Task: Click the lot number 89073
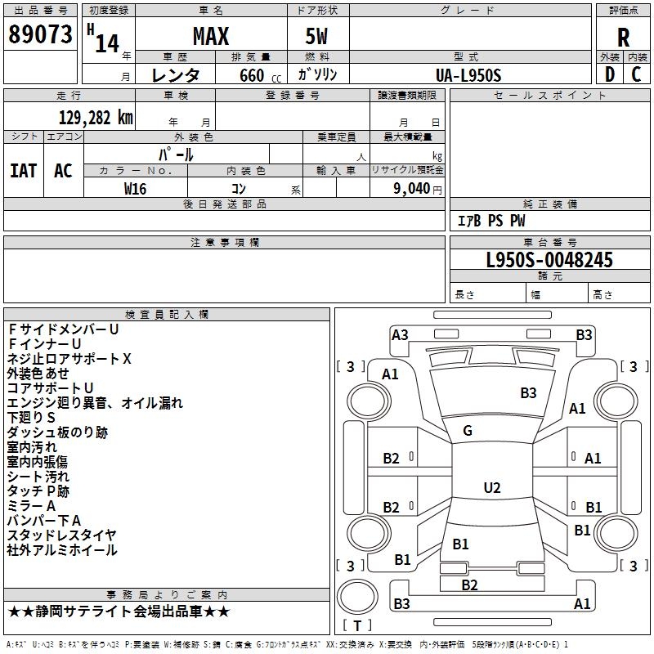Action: click(x=40, y=34)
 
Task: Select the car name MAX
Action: click(x=211, y=36)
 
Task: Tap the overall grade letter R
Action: click(x=623, y=38)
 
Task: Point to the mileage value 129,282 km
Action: click(x=96, y=118)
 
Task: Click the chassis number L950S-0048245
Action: click(x=549, y=260)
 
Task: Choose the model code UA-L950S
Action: click(x=468, y=75)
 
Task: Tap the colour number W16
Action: click(x=135, y=189)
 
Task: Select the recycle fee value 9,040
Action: click(x=412, y=189)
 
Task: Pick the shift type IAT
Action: click(x=24, y=171)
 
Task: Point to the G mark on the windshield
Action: click(x=468, y=431)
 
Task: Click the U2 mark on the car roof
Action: click(x=492, y=487)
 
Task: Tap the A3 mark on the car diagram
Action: click(x=400, y=335)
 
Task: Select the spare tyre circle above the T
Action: click(x=357, y=597)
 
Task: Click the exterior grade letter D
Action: click(x=610, y=74)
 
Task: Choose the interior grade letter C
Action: click(x=636, y=74)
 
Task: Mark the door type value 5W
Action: click(x=316, y=36)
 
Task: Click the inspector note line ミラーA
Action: click(x=31, y=506)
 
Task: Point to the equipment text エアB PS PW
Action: click(x=491, y=221)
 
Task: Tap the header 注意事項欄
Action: click(x=225, y=242)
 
